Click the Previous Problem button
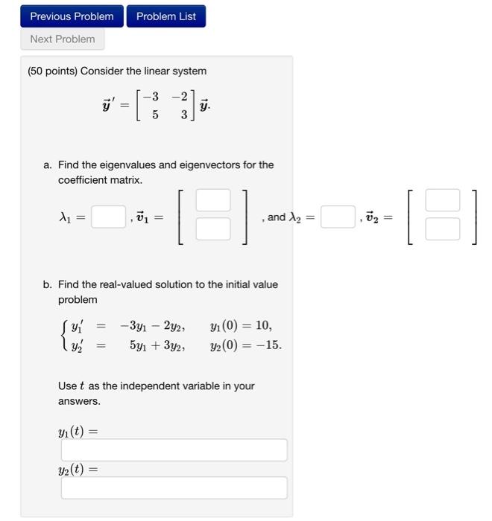coord(72,16)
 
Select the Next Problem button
coord(63,39)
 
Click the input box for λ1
coord(109,217)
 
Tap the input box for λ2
coord(338,217)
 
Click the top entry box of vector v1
coord(213,201)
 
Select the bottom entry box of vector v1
coord(213,228)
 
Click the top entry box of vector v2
coord(443,201)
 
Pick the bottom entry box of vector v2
coord(443,228)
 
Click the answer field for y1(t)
coord(174,450)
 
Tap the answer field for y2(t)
coord(174,488)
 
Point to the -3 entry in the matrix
coord(151,96)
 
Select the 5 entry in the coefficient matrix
coord(154,115)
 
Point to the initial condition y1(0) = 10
coord(241,325)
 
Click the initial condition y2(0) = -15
coord(246,345)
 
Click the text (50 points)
coord(51,71)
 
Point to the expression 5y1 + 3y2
coord(157,345)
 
